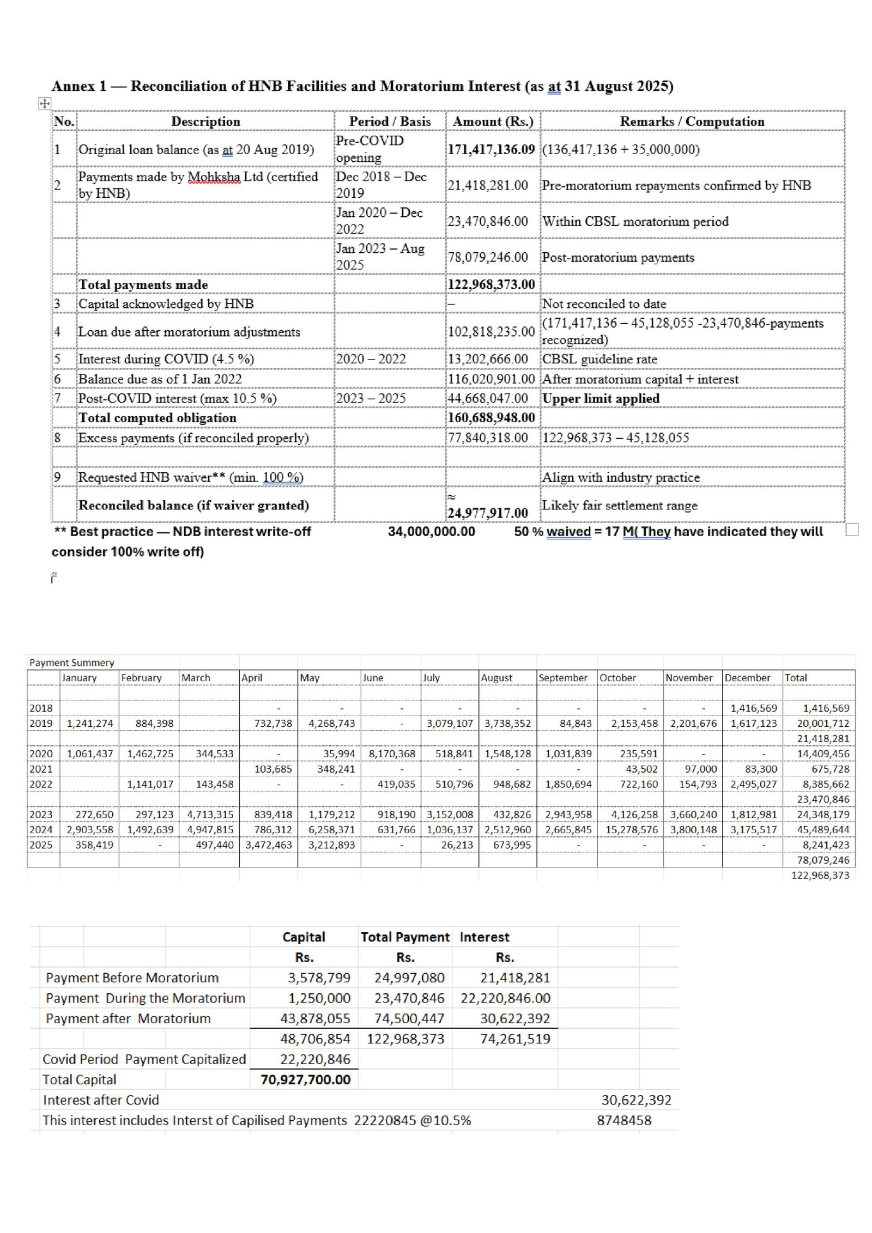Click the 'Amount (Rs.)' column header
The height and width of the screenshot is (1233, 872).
pyautogui.click(x=493, y=122)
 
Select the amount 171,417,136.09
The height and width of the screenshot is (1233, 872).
pyautogui.click(x=491, y=149)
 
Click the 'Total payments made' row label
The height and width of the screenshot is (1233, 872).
pyautogui.click(x=143, y=284)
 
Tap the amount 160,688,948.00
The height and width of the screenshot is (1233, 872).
pyautogui.click(x=491, y=418)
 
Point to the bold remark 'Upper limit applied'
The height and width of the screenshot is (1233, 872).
pyautogui.click(x=601, y=398)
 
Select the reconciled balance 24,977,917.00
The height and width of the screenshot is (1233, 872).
pyautogui.click(x=487, y=513)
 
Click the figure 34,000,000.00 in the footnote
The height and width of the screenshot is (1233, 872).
pyautogui.click(x=431, y=532)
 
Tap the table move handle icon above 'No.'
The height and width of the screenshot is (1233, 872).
pyautogui.click(x=45, y=103)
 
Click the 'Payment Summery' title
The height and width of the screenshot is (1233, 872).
pyautogui.click(x=71, y=663)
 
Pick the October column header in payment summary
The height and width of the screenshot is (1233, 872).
pyautogui.click(x=617, y=678)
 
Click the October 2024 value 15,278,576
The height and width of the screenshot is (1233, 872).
pyautogui.click(x=631, y=830)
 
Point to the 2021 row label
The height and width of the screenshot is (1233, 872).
pyautogui.click(x=41, y=769)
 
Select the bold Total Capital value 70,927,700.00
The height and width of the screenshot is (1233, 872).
pyautogui.click(x=305, y=1079)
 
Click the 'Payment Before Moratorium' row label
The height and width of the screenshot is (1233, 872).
pyautogui.click(x=132, y=977)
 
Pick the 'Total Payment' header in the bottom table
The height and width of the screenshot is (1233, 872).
pyautogui.click(x=405, y=937)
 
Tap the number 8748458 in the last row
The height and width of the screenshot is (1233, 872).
pyautogui.click(x=624, y=1120)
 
